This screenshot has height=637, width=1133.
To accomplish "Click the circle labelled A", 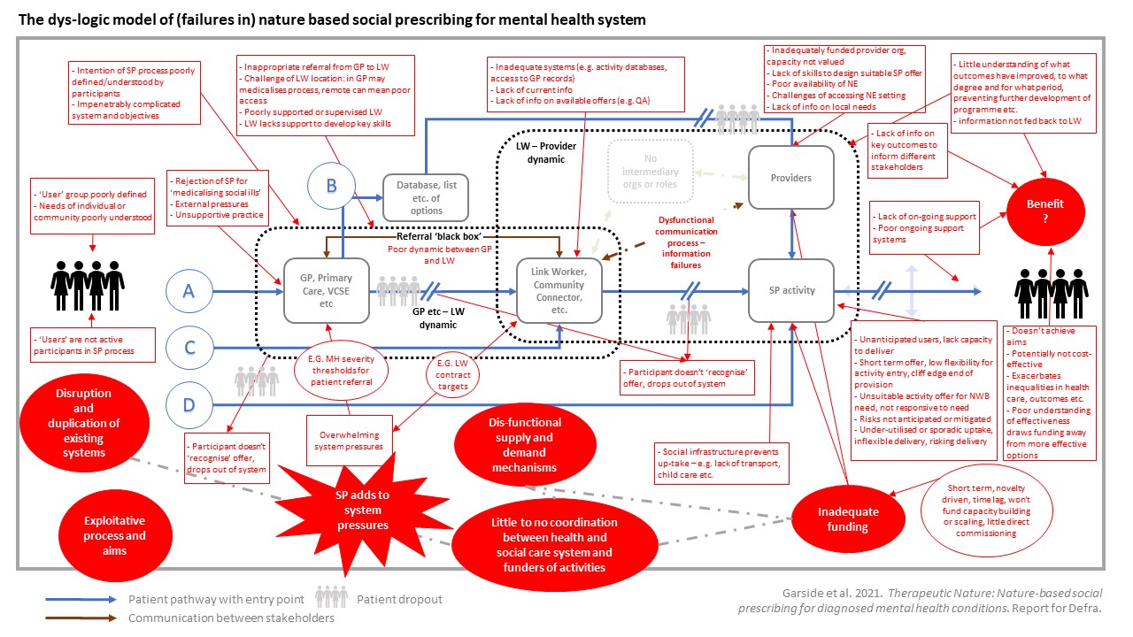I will (189, 291).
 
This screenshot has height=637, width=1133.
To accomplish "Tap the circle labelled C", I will (189, 349).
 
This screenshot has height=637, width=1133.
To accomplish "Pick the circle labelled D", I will (189, 405).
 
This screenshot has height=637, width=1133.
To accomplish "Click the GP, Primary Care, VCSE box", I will (326, 290).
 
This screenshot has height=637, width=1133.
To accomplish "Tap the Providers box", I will (791, 178).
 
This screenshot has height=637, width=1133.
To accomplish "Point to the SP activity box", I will (791, 290).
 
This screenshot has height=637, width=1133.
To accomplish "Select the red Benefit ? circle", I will (1044, 211).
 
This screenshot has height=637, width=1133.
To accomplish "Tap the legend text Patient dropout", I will (399, 599).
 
